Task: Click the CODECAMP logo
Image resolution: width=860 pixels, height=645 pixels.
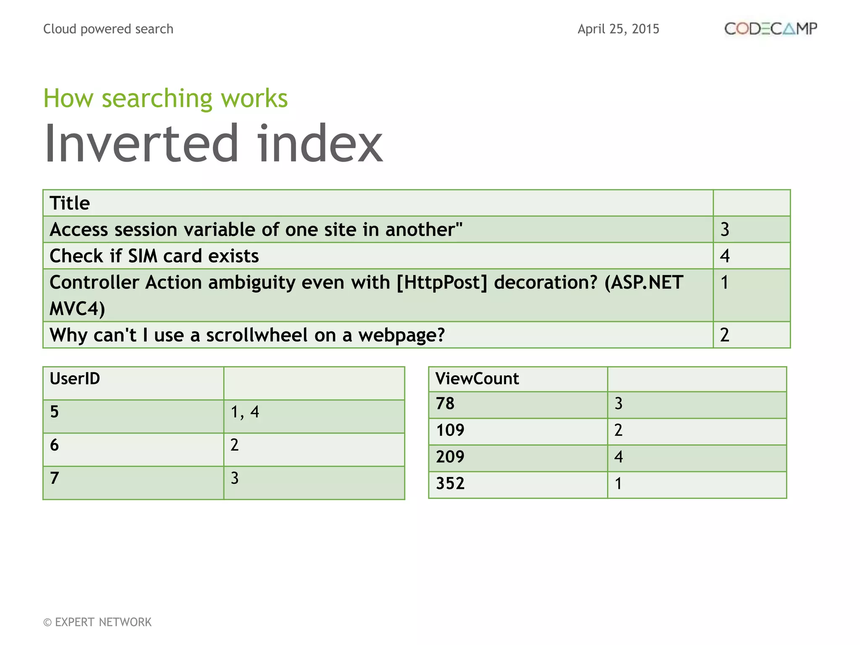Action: tap(771, 29)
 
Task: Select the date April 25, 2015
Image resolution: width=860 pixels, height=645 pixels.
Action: tap(618, 29)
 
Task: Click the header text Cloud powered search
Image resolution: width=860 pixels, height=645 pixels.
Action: tap(108, 29)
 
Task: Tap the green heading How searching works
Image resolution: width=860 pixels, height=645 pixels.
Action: tap(165, 98)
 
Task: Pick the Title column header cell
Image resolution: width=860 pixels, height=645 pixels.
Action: tap(70, 203)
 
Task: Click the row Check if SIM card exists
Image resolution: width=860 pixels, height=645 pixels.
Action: tap(154, 256)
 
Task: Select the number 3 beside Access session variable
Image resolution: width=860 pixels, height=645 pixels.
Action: tap(725, 230)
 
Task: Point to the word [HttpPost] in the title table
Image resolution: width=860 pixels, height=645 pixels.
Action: tap(442, 283)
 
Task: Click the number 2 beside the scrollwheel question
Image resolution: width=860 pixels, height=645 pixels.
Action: tap(725, 335)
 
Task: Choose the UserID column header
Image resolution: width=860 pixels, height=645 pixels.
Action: tap(75, 379)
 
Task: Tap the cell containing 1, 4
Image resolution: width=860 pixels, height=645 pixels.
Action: tap(245, 412)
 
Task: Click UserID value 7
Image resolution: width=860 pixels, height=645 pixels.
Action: tap(55, 478)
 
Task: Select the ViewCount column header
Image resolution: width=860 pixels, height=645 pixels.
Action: tap(477, 379)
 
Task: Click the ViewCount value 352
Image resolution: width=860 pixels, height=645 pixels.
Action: tap(450, 484)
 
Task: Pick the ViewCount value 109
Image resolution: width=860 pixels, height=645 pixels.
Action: tap(450, 430)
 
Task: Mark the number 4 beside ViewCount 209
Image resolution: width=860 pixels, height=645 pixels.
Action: tap(618, 457)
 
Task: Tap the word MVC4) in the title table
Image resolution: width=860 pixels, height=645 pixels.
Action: tap(77, 309)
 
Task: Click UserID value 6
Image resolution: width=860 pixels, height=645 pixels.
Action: tap(55, 445)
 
